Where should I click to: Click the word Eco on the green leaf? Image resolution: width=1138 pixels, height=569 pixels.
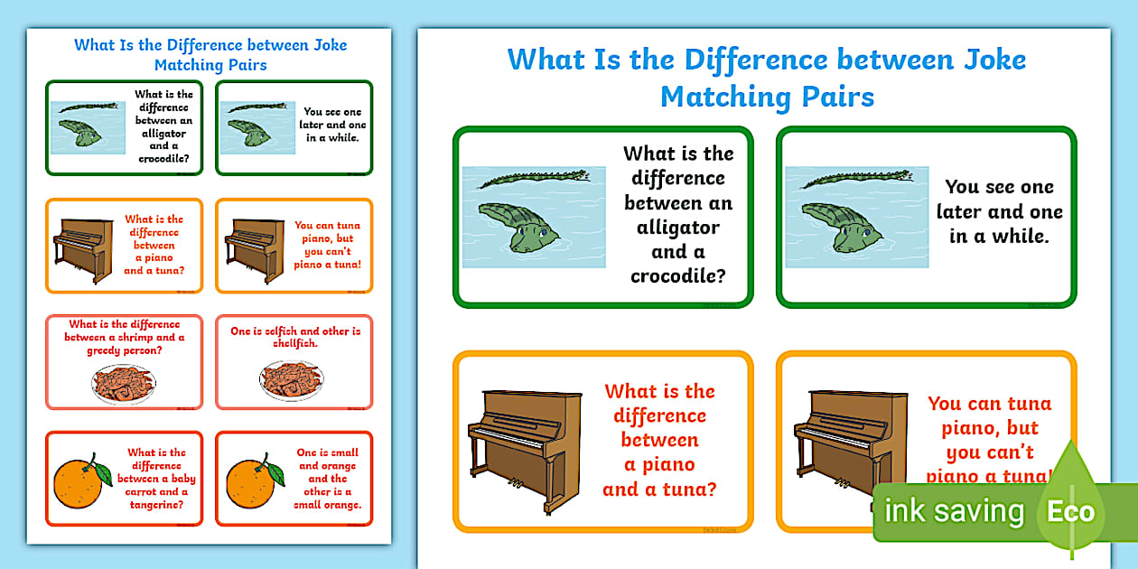pyautogui.click(x=1070, y=512)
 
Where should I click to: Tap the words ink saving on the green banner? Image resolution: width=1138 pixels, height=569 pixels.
pyautogui.click(x=954, y=511)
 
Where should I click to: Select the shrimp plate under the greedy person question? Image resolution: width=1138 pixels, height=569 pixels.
pyautogui.click(x=123, y=383)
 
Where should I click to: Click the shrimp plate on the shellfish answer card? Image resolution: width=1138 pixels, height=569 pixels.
pyautogui.click(x=290, y=379)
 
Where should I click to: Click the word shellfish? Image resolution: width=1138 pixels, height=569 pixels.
pyautogui.click(x=296, y=344)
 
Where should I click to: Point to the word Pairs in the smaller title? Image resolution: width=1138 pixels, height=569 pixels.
pyautogui.click(x=242, y=65)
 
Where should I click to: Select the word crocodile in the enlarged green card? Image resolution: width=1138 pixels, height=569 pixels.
pyautogui.click(x=678, y=276)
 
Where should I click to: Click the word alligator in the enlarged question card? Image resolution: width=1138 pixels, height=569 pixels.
pyautogui.click(x=678, y=228)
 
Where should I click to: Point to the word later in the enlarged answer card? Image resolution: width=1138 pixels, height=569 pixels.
pyautogui.click(x=959, y=213)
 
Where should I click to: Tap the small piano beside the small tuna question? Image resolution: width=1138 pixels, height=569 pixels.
pyautogui.click(x=83, y=246)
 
